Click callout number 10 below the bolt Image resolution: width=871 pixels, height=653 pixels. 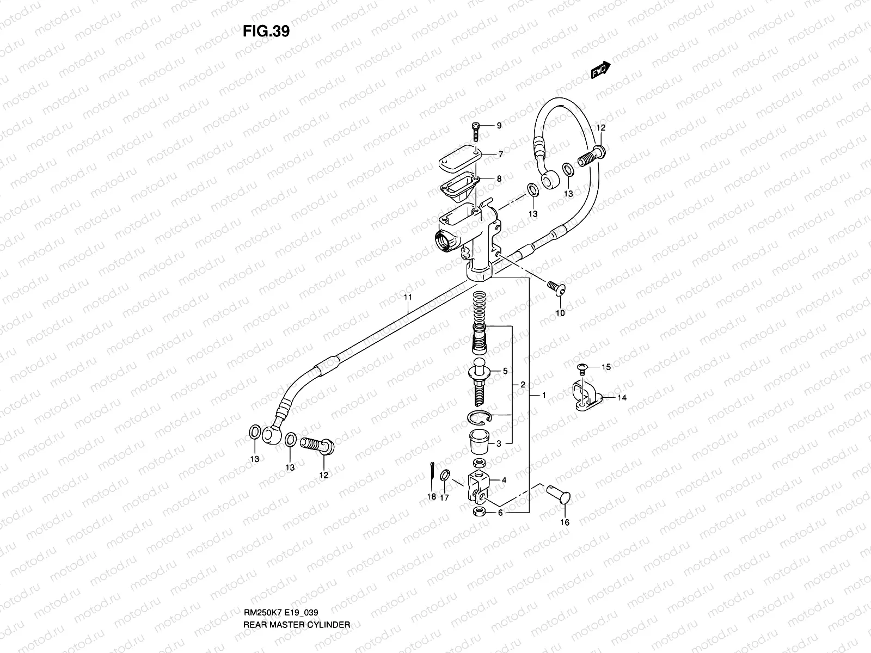tap(560, 313)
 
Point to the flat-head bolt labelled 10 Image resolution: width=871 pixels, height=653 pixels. tap(556, 288)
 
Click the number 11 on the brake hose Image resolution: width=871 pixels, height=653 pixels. tap(408, 298)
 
